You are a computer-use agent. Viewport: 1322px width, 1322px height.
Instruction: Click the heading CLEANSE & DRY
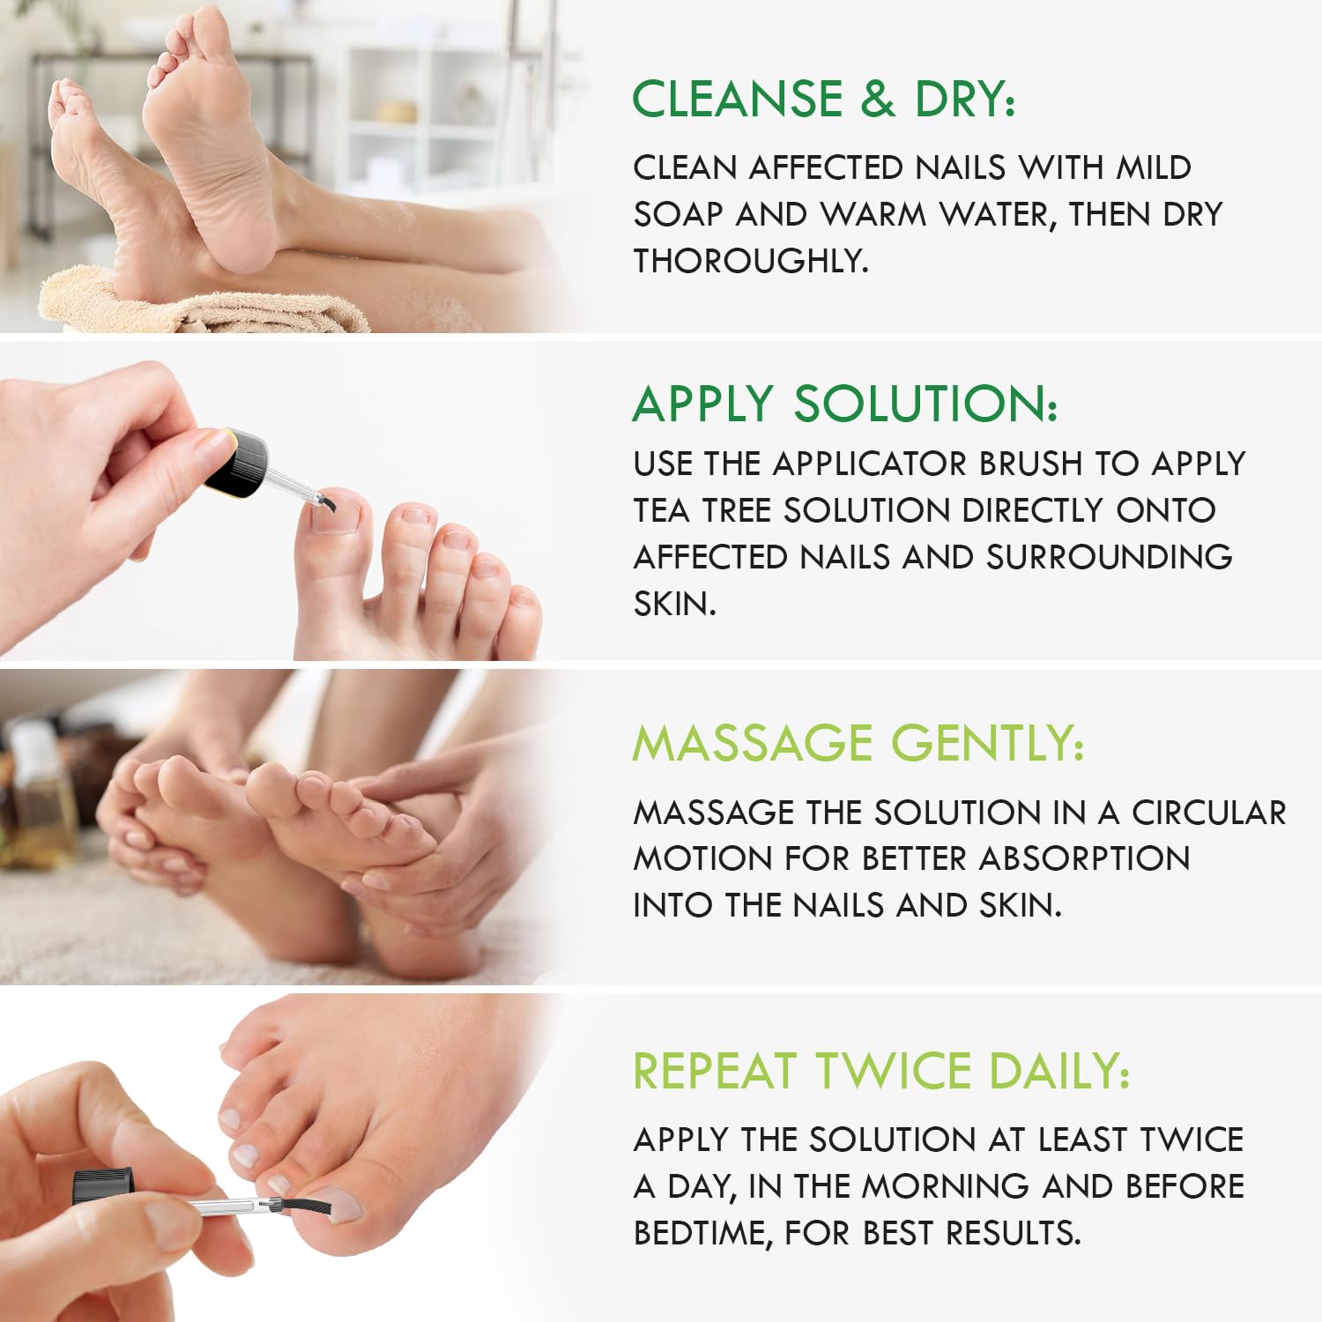[x=824, y=98]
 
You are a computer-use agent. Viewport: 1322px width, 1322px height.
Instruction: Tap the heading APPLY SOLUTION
[x=845, y=404]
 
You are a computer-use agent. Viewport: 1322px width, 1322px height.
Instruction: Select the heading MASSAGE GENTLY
[x=858, y=742]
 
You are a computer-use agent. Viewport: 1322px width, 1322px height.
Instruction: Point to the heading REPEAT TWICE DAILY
[x=880, y=1071]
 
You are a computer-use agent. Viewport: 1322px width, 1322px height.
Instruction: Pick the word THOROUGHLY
[x=751, y=261]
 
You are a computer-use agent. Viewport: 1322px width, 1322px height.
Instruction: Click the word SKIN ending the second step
[x=674, y=604]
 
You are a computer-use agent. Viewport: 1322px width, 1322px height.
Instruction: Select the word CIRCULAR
[x=1209, y=813]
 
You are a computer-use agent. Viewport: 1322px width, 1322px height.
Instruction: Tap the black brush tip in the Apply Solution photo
[x=325, y=503]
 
